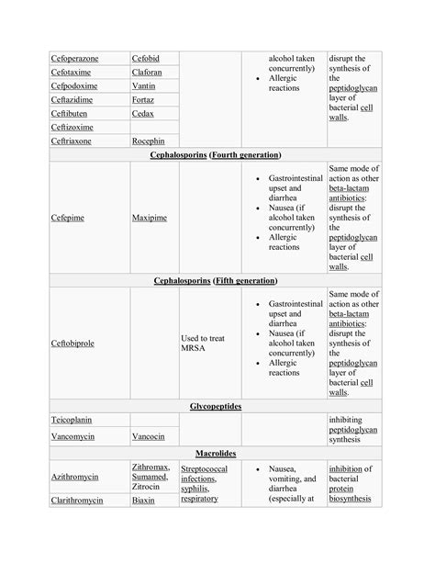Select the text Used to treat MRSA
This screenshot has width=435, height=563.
tap(203, 343)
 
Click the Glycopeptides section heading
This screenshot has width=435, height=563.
tap(217, 405)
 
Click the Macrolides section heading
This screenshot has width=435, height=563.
tap(217, 454)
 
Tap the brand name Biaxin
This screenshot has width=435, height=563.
tap(143, 501)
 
